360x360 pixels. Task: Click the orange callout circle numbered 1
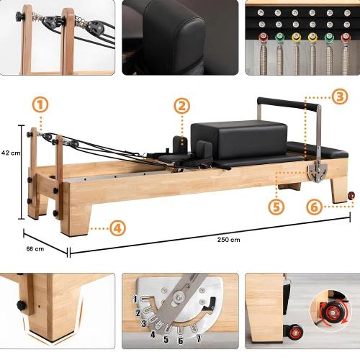40,104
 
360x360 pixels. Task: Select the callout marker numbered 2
183,104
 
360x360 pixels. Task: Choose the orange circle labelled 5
276,206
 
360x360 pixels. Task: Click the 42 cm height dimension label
10,153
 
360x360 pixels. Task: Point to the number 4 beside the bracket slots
152,333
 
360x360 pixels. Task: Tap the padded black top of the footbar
285,102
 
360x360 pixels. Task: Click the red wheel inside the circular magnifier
324,315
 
